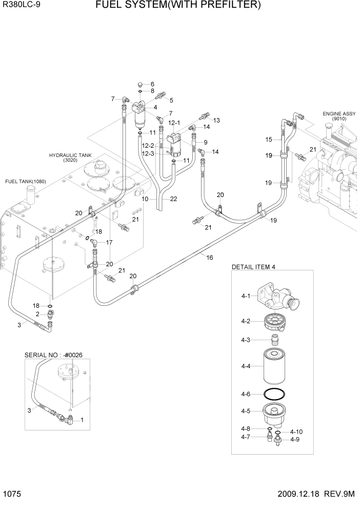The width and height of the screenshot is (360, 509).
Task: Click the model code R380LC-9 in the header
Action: coord(22,6)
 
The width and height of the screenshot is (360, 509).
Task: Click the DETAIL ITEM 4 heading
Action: coord(254,267)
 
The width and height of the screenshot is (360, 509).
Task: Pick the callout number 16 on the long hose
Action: coord(210,258)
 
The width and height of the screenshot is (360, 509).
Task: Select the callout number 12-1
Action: coord(174,123)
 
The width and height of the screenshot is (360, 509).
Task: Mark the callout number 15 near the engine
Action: coord(268,140)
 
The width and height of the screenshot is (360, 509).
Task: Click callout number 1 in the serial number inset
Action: coord(82,420)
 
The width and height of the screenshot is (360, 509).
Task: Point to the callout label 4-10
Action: coord(296,432)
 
